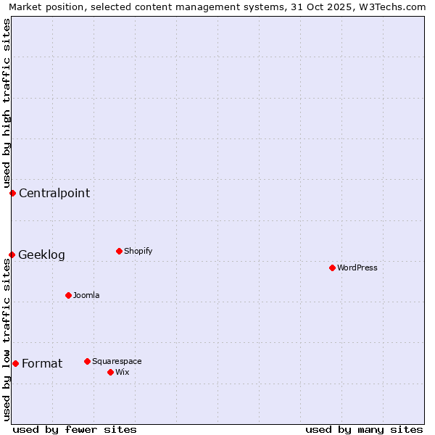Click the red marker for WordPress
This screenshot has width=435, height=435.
[x=332, y=268]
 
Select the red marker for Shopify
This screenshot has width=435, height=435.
[x=119, y=251]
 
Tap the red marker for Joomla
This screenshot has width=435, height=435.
[x=68, y=295]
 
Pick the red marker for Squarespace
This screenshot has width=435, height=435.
[x=87, y=361]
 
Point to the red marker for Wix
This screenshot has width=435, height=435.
[x=110, y=372]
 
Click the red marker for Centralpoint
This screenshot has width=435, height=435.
[x=12, y=193]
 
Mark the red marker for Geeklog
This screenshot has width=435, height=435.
[x=12, y=254]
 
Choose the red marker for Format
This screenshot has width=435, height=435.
[x=15, y=363]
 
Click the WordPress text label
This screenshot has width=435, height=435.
[x=357, y=268]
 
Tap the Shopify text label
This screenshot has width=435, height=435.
[x=138, y=251]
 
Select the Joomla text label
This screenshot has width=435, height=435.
[x=86, y=295]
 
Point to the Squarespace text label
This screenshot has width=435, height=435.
[x=117, y=361]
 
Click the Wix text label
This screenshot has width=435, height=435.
[x=123, y=372]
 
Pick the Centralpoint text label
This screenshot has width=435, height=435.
[x=54, y=193]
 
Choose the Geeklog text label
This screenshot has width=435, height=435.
[x=41, y=254]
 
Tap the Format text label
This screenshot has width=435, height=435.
[x=42, y=363]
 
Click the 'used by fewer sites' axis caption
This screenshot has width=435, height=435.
[x=75, y=429]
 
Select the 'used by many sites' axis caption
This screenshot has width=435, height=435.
[x=364, y=429]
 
